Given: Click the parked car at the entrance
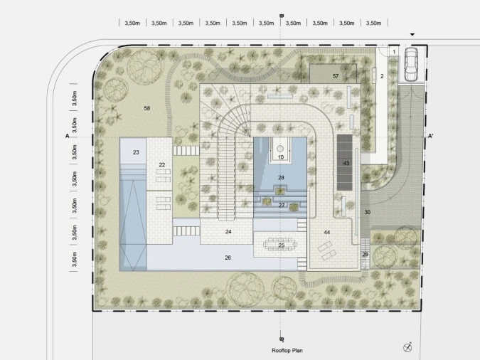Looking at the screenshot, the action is coord(411,64).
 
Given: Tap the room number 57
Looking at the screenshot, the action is coord(336,76).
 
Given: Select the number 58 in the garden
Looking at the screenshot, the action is coord(147,108).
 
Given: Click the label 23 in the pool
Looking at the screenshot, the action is coord(136,152).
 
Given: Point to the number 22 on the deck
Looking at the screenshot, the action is coord(162,165).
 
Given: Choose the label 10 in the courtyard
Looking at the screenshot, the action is coord(281,157).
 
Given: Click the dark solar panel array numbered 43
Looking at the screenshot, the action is coord(345,163).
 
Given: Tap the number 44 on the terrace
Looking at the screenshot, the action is coord(327,232).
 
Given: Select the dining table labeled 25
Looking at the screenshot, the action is coord(280,245).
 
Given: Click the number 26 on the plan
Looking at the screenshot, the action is coord(228,258).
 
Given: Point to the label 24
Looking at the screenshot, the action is coord(228,232).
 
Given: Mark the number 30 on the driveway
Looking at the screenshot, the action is coord(368,212).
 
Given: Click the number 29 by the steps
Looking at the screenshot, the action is coord(366,254).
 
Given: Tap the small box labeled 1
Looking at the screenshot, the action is coord(394,52).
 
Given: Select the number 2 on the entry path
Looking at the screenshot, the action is coord(382,76).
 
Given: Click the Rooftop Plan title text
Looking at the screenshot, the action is coord(287,351).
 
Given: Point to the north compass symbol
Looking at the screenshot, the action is coord(407,347).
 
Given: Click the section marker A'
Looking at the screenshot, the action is coord(430,136).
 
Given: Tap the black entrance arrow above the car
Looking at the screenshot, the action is coord(412,35).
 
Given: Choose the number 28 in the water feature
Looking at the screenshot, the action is coord(281,177).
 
